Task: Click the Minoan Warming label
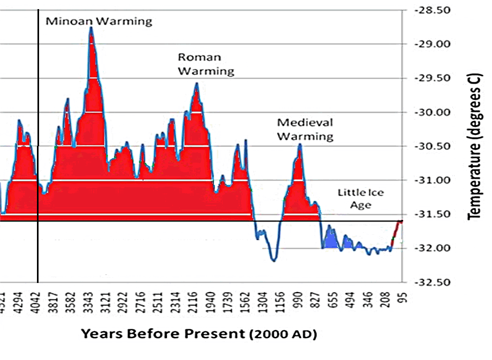point(99,22)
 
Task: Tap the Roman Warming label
point(206,64)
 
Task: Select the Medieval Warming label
point(305,129)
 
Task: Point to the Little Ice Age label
point(360,198)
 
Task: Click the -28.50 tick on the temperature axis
point(435,10)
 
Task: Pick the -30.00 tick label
point(435,112)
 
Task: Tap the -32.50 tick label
point(435,282)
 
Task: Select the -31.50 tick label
point(435,215)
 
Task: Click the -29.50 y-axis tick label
point(435,78)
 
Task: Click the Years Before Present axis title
point(199,334)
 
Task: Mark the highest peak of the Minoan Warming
point(91,28)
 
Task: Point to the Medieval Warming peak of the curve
point(300,144)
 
